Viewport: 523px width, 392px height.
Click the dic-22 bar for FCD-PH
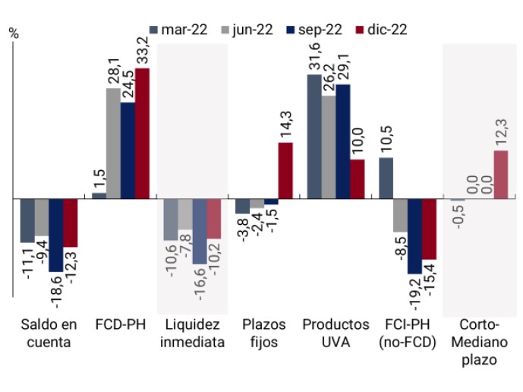coord(142,133)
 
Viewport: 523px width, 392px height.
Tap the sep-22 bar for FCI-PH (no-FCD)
coord(414,236)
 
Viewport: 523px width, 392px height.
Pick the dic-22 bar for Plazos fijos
coord(285,170)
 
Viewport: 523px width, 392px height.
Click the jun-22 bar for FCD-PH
coord(113,144)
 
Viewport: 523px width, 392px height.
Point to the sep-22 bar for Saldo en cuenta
coord(56,235)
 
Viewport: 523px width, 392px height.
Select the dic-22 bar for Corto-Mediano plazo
coord(500,174)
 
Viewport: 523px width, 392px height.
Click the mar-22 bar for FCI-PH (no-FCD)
coord(386,178)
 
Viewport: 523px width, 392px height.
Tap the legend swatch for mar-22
coord(154,30)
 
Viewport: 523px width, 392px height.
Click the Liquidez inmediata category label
coord(192,333)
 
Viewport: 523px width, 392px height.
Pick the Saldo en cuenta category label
coord(49,333)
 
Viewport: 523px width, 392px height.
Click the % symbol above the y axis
coord(13,33)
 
